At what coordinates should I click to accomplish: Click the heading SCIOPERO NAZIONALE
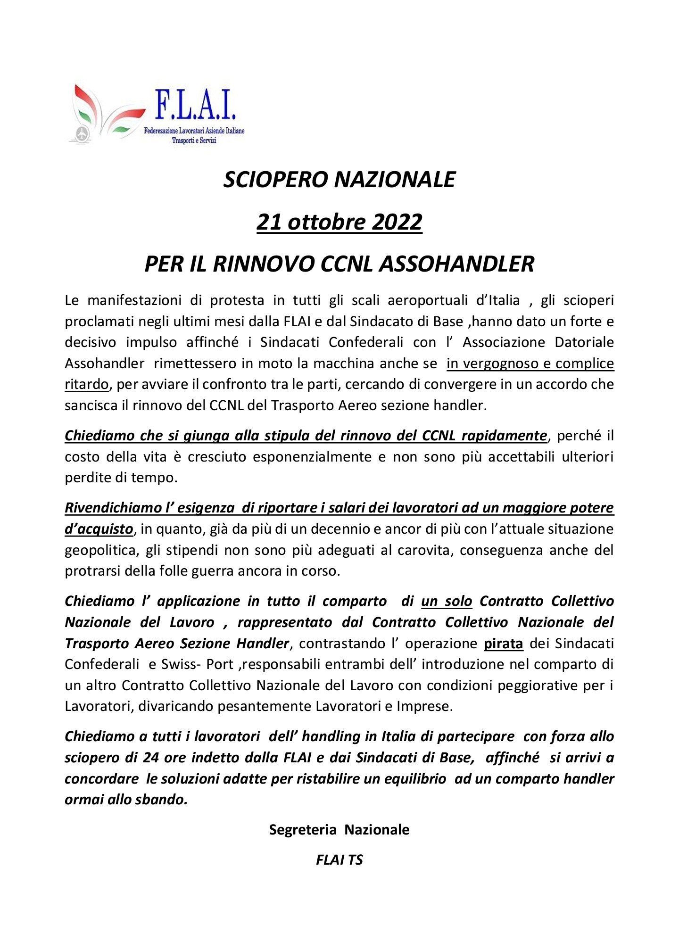coord(339,180)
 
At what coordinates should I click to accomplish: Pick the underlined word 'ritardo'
coord(87,384)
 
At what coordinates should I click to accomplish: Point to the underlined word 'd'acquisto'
coord(99,529)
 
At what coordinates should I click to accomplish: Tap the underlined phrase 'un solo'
coord(447,601)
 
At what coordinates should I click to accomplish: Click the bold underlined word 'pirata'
coord(504,643)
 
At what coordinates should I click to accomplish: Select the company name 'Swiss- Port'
coord(196,664)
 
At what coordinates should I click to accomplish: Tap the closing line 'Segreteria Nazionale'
coord(339,829)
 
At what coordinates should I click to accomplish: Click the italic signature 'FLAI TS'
coord(339,859)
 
